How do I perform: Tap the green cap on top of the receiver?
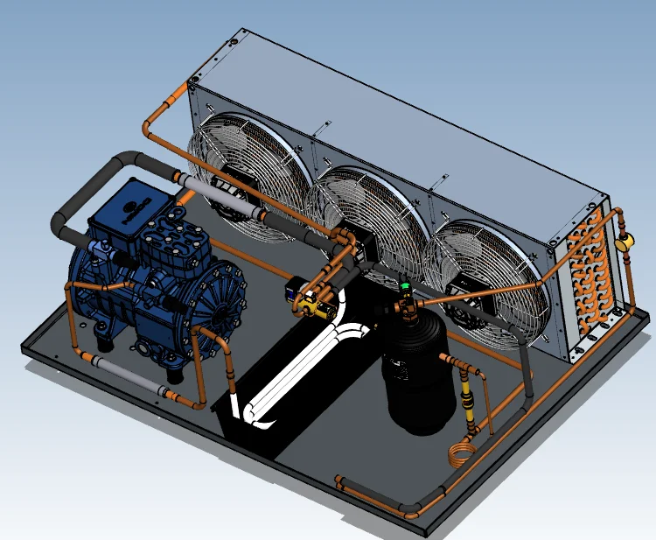[405, 285]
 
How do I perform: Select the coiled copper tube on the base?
[462, 456]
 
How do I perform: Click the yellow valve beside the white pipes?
[311, 303]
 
